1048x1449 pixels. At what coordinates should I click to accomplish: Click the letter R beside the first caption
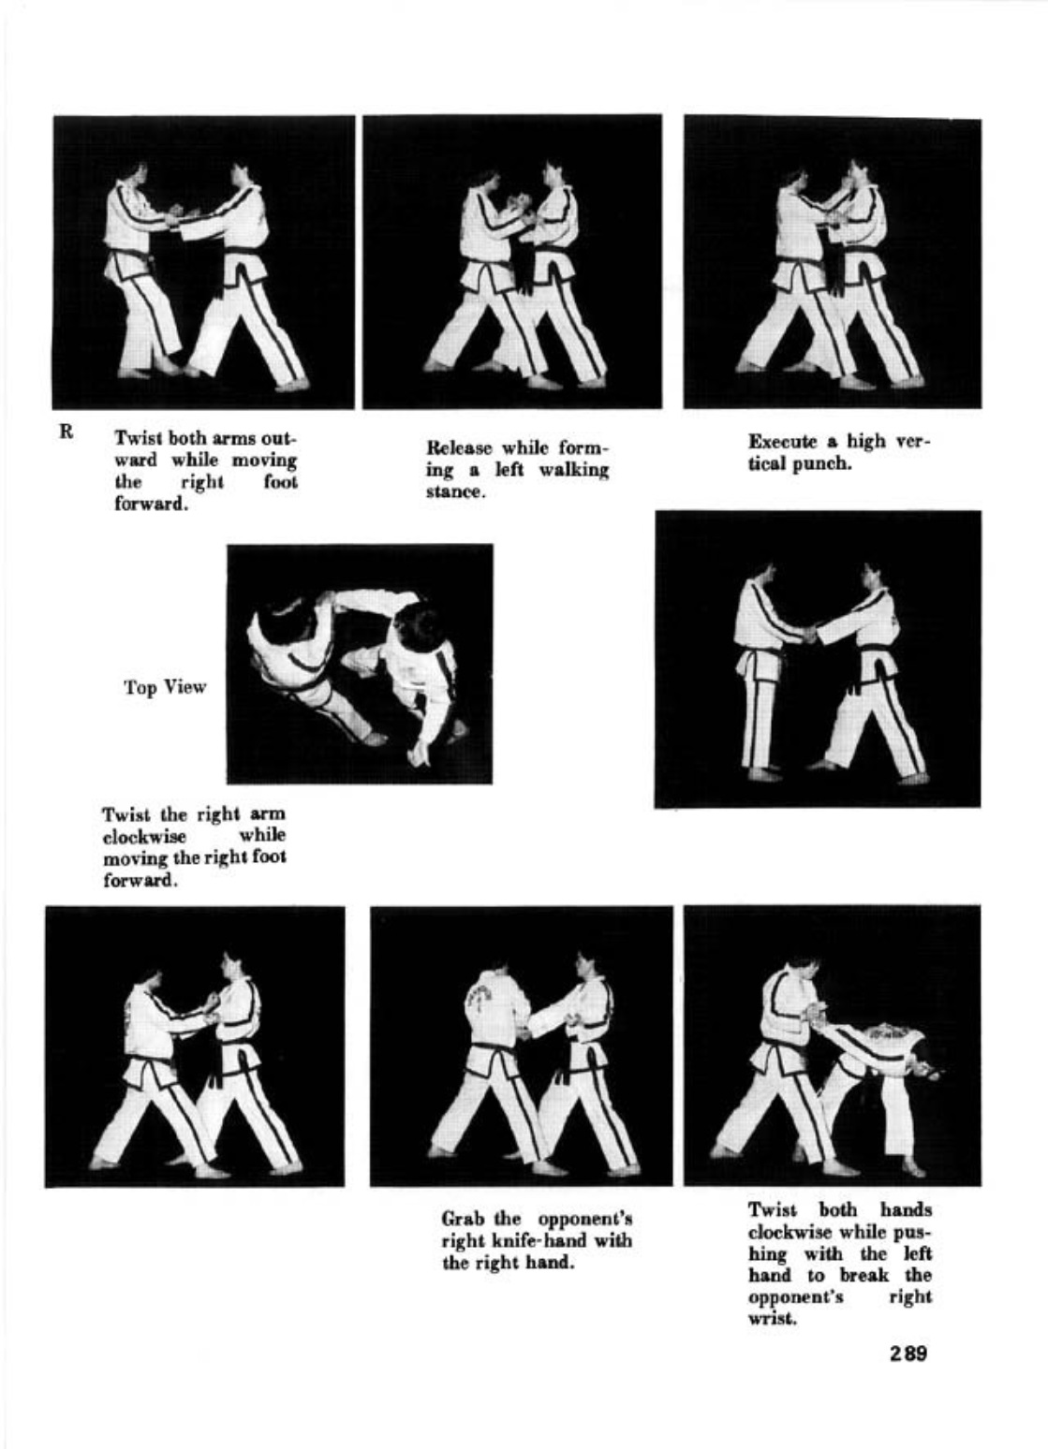pos(66,431)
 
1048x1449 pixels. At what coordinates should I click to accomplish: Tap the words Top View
pos(165,687)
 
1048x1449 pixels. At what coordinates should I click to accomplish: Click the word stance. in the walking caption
pos(456,491)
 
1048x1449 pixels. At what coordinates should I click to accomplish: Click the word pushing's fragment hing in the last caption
pos(768,1252)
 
